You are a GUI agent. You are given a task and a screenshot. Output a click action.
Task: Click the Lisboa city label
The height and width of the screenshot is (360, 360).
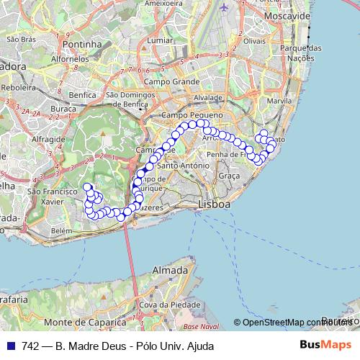coord(214,205)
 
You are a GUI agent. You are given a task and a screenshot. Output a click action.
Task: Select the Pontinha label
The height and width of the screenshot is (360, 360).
coord(84,44)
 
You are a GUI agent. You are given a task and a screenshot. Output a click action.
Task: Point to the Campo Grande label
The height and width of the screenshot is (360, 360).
coord(171,81)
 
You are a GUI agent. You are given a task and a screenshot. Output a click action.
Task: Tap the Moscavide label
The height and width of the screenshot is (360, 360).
coord(287,15)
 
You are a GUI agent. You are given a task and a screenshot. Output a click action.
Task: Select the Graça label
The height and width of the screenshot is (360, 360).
coord(229,176)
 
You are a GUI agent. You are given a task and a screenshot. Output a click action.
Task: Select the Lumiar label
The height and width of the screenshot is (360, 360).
coord(159,41)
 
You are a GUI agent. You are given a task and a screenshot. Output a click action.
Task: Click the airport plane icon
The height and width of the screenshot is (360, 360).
coord(224,6)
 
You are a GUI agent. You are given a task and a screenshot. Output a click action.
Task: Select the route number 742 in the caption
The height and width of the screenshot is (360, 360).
coord(30,346)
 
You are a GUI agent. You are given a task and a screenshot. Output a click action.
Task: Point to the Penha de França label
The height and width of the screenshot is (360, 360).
coord(226,154)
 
